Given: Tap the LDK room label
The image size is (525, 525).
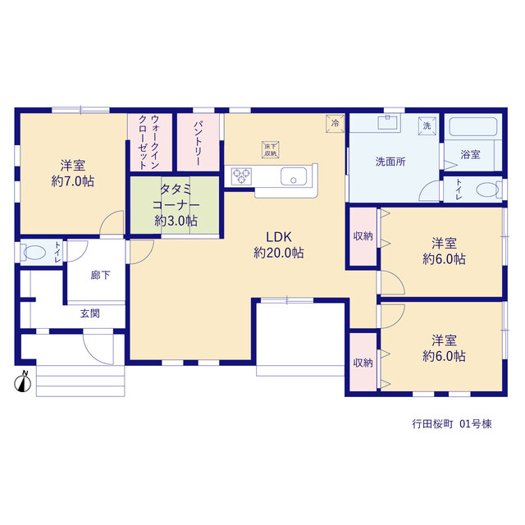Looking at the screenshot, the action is point(279,237).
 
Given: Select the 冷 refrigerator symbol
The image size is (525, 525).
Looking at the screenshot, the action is point(336,123).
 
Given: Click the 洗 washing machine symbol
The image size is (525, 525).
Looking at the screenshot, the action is point(427,126).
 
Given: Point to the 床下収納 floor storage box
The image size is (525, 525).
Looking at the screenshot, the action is point(271,149).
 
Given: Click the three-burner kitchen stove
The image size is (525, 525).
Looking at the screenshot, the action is point(241,176).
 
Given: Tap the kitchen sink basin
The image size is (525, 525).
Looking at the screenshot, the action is point(294,176).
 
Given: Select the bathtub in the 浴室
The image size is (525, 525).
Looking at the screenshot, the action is point(472,126).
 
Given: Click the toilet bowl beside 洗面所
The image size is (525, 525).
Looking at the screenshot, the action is point(487,189).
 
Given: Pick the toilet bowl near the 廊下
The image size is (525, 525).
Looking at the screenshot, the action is point(34,253).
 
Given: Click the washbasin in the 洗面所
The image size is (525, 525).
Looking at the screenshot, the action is point(388,122).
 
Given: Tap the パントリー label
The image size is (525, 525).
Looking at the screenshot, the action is point(198,144).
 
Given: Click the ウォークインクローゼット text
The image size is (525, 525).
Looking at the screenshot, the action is point(149,142).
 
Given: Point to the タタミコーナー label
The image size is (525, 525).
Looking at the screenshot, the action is point(176,197).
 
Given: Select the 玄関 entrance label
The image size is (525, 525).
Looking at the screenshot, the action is point(89,313).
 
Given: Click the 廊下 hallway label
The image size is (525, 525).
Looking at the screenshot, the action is point(100,276).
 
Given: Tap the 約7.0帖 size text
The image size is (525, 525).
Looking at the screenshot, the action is point(73,181).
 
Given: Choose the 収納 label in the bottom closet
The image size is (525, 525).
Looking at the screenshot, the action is point(363,363).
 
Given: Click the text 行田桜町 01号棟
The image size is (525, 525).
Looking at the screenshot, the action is point(452,424).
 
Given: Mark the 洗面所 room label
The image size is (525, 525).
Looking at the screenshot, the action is point(390,162).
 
